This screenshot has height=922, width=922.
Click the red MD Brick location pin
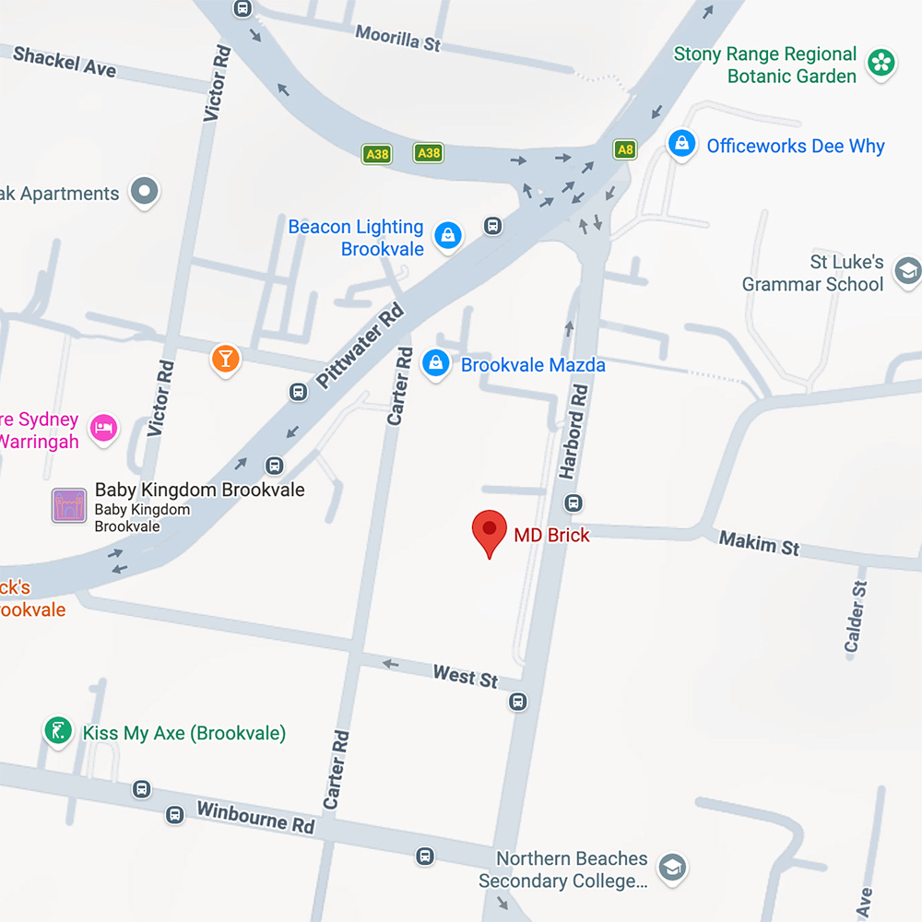pyautogui.click(x=489, y=531)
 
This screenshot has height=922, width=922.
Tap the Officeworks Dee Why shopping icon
pyautogui.click(x=681, y=145)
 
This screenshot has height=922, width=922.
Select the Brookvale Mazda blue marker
pyautogui.click(x=435, y=363)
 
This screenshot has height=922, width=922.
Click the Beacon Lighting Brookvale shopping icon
pyautogui.click(x=448, y=234)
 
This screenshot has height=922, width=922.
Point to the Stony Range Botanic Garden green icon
pyautogui.click(x=882, y=64)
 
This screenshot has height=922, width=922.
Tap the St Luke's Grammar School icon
pyautogui.click(x=907, y=272)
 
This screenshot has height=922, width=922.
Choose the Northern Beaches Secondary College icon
pyautogui.click(x=673, y=868)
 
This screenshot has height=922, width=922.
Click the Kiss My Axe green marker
pyautogui.click(x=58, y=732)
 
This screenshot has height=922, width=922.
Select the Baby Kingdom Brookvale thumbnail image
pyautogui.click(x=69, y=506)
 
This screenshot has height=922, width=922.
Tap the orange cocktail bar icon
pyautogui.click(x=225, y=358)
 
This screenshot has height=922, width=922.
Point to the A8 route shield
pyautogui.click(x=625, y=149)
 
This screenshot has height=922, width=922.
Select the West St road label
pyautogui.click(x=466, y=677)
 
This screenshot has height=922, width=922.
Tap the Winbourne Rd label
pyautogui.click(x=255, y=818)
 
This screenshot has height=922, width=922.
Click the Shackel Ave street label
pyautogui.click(x=65, y=62)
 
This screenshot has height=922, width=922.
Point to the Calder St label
pyautogui.click(x=857, y=616)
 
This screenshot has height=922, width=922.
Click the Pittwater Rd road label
pyautogui.click(x=361, y=346)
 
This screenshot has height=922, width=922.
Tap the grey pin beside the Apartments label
pyautogui.click(x=144, y=192)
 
